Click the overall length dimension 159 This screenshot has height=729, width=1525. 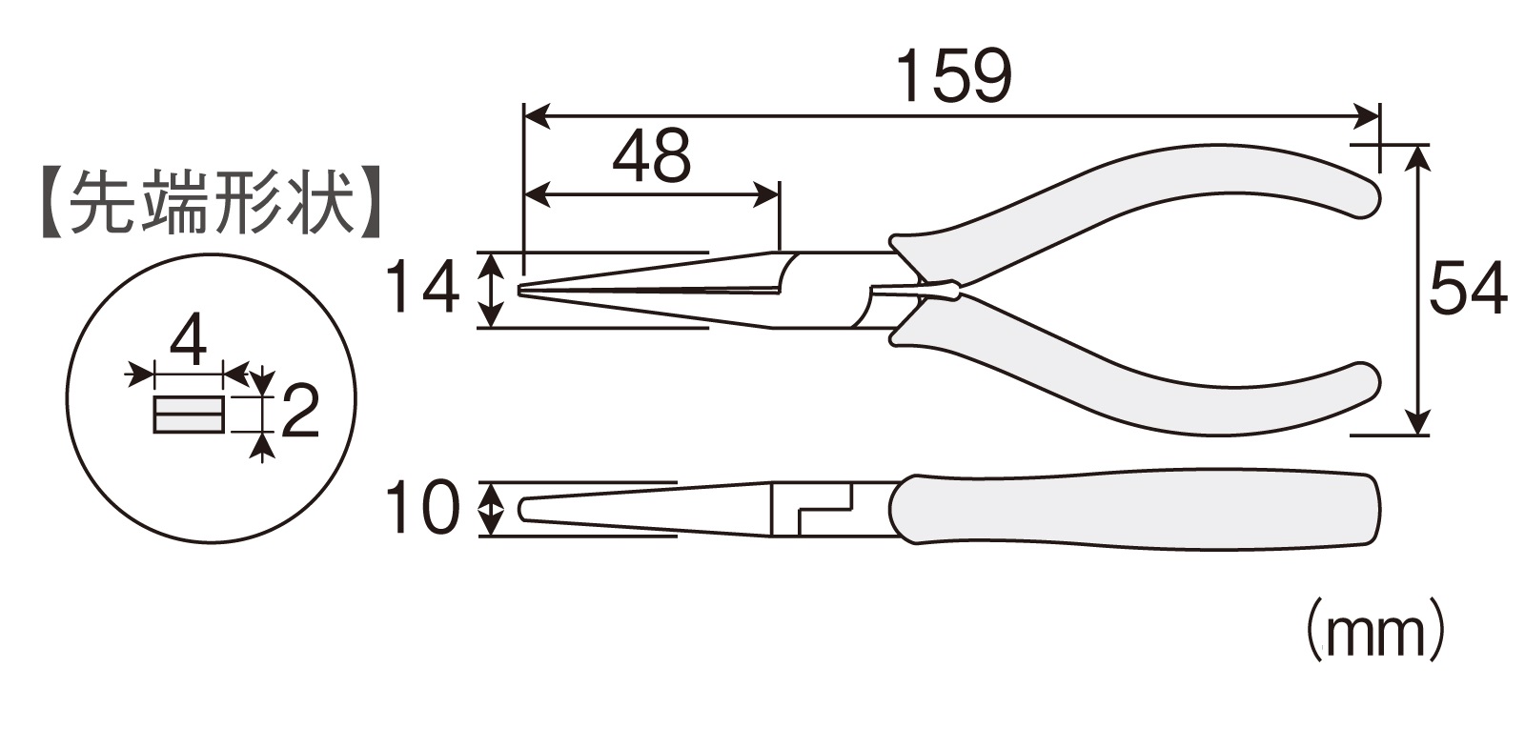pos(954,75)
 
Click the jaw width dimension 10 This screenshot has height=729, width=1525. pos(422,508)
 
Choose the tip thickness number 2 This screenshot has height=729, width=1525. pos(299,411)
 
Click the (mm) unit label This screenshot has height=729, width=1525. pos(1373,629)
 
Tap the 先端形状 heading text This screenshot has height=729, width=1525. pos(211,202)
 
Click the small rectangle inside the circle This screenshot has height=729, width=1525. pos(188,414)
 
